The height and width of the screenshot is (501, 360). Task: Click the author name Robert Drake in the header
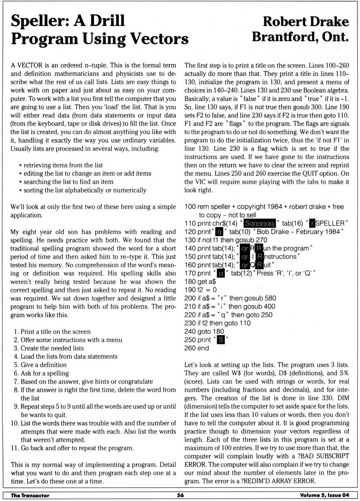tap(306, 22)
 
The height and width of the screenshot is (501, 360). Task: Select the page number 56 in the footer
tap(180, 495)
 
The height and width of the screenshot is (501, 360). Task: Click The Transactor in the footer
tap(30, 495)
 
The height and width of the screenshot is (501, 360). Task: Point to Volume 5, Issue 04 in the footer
tap(324, 495)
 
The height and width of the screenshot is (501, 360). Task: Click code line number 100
tap(190, 207)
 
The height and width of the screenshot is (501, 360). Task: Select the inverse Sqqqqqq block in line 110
tap(259, 224)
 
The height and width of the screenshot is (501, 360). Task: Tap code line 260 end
tap(196, 348)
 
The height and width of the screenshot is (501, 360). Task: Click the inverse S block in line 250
tap(221, 340)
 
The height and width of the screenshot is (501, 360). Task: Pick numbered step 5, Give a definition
tap(40, 365)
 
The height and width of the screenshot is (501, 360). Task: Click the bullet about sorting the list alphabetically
tap(83, 190)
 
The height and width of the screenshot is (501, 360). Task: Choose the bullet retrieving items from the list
tap(61, 165)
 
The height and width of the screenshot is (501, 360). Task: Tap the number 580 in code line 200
tap(270, 298)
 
